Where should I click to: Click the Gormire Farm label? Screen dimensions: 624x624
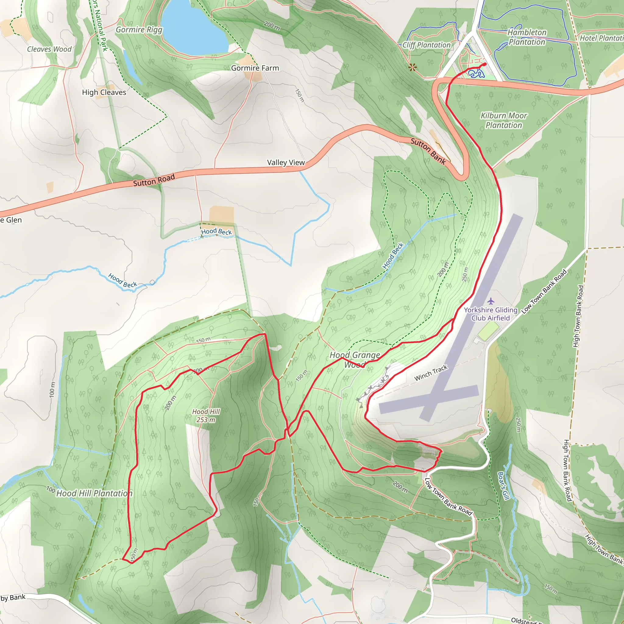pyautogui.click(x=255, y=68)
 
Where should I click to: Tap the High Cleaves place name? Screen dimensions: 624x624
pyautogui.click(x=104, y=92)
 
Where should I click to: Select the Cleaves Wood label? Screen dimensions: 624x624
pyautogui.click(x=49, y=49)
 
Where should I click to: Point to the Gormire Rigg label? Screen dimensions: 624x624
pyautogui.click(x=139, y=30)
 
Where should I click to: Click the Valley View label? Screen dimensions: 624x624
pyautogui.click(x=286, y=162)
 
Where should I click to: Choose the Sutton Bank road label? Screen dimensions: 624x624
pyautogui.click(x=428, y=151)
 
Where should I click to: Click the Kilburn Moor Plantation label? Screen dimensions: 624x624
pyautogui.click(x=504, y=120)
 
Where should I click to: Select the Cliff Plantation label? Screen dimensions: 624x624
pyautogui.click(x=426, y=45)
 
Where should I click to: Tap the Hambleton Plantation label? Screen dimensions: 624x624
pyautogui.click(x=527, y=37)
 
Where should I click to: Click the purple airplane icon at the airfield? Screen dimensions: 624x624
pyautogui.click(x=491, y=301)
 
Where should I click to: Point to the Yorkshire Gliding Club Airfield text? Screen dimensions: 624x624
pyautogui.click(x=491, y=314)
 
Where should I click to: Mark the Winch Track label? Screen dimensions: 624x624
pyautogui.click(x=431, y=373)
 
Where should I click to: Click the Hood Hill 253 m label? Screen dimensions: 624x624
pyautogui.click(x=206, y=416)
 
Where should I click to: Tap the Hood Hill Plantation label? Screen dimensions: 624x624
pyautogui.click(x=94, y=493)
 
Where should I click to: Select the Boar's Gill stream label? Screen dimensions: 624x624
pyautogui.click(x=503, y=485)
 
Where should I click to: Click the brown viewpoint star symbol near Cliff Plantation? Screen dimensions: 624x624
pyautogui.click(x=413, y=68)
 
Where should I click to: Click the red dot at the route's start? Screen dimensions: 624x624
pyautogui.click(x=484, y=65)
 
